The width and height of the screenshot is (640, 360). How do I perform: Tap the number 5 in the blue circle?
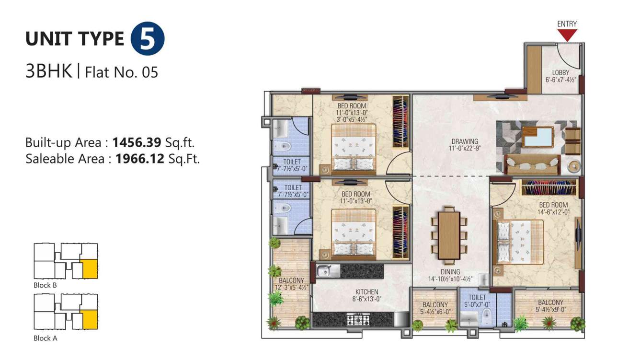click(148, 40)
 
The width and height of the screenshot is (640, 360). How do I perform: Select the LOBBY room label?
click(560, 73)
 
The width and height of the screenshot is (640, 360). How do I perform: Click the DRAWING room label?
click(464, 141)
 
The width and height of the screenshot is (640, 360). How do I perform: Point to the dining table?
click(449, 232)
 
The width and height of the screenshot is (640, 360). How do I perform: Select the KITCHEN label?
click(366, 292)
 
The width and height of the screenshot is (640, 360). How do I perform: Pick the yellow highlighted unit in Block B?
click(89, 269)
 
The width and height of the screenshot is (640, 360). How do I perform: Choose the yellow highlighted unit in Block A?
click(89, 320)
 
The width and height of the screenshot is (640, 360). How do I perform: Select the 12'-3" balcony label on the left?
click(291, 288)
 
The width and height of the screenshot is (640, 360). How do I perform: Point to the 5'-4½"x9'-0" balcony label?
click(550, 309)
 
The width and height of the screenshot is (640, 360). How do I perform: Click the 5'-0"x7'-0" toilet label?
click(477, 304)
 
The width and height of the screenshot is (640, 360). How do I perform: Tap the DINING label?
click(450, 272)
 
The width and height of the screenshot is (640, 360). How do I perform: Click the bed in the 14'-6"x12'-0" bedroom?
click(520, 242)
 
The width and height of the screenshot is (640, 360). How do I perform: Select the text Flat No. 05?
click(121, 72)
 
